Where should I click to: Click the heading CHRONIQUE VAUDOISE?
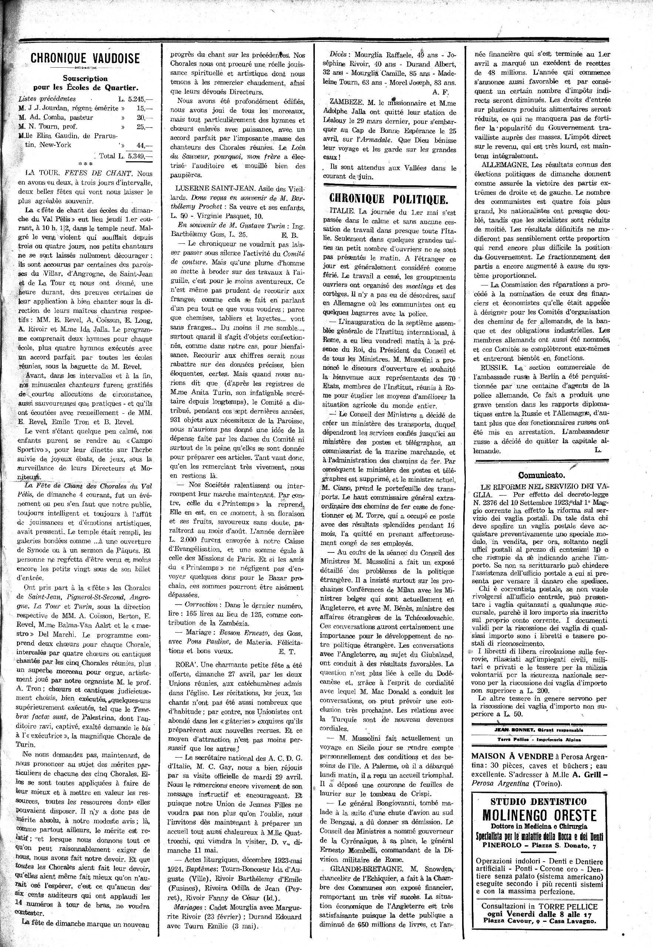click(x=85, y=58)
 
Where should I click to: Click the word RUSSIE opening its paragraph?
click(x=494, y=367)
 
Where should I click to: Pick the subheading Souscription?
click(x=85, y=78)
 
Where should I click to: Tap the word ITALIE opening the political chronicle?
click(x=342, y=213)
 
